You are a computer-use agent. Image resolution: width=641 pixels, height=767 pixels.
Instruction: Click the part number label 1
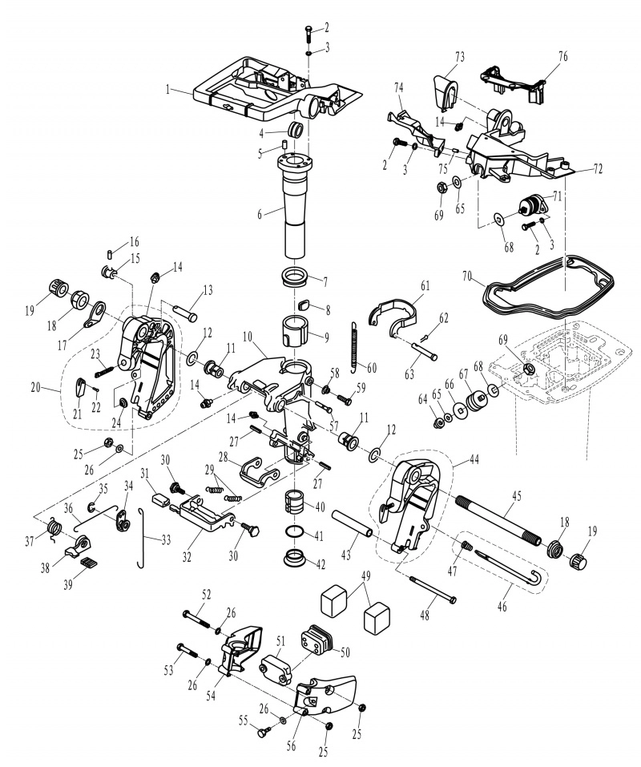(167, 90)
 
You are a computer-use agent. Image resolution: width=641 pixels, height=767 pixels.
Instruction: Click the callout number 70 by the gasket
(467, 276)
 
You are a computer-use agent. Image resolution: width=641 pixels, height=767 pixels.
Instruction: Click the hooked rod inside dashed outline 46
(510, 567)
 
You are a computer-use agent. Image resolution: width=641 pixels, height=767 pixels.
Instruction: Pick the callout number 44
(474, 459)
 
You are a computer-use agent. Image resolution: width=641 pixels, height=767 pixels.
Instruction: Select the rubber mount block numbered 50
(316, 640)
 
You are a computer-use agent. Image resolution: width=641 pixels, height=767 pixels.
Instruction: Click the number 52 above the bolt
(207, 595)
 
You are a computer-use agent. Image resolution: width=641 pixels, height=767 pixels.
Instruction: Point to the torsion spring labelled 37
(54, 529)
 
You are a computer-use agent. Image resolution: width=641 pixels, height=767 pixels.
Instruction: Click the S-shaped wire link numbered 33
(141, 538)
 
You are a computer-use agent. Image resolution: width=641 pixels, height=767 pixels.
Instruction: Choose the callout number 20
(36, 387)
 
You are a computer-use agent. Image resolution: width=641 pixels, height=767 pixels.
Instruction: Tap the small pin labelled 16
(110, 254)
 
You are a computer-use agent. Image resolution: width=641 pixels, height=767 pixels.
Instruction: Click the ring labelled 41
(293, 532)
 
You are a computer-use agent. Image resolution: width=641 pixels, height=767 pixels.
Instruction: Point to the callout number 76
(562, 57)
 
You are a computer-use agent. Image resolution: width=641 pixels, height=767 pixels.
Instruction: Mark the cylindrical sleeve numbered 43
(353, 524)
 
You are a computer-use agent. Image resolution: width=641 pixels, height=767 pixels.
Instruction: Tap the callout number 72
(598, 169)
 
